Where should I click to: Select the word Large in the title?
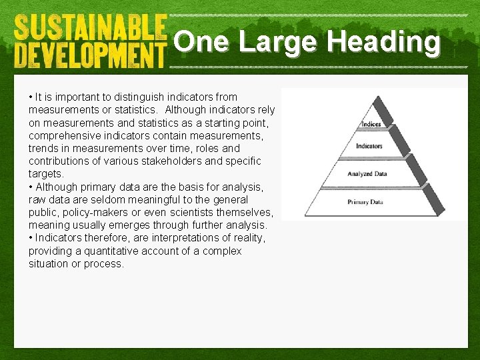click(x=276, y=42)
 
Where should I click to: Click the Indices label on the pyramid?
click(x=371, y=124)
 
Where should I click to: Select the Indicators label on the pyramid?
click(x=369, y=146)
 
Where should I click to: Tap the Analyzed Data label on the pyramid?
click(x=368, y=174)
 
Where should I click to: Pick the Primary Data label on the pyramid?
click(x=365, y=201)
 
